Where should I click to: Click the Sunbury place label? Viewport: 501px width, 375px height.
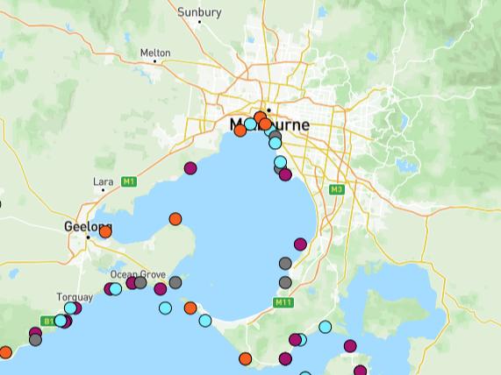(199, 12)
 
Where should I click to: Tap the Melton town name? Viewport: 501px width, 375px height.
(155, 53)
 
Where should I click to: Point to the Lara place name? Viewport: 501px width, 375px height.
(103, 181)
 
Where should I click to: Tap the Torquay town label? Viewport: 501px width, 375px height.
(74, 296)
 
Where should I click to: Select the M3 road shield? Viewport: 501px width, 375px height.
(336, 189)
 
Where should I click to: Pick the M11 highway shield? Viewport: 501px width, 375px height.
(283, 303)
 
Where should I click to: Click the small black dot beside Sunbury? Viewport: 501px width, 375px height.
(199, 21)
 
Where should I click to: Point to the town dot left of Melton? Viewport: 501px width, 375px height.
(142, 60)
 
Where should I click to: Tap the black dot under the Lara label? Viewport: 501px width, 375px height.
(103, 189)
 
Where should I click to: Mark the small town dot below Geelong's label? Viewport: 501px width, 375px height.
(88, 237)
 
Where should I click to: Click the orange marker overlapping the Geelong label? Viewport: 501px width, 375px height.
(105, 231)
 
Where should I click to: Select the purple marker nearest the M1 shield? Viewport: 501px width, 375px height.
(190, 168)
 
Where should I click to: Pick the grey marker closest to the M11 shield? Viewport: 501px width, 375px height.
(285, 282)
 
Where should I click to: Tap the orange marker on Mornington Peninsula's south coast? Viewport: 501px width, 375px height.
(245, 358)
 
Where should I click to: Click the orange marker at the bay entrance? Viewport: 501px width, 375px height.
(190, 308)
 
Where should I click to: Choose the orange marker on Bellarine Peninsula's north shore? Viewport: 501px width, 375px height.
(175, 219)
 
